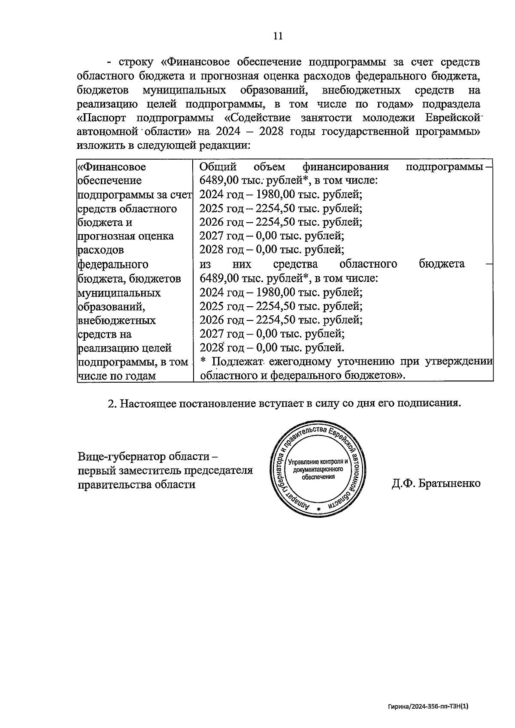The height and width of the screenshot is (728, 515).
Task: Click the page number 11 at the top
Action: (x=278, y=36)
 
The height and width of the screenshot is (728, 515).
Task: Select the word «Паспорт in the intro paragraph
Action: (x=105, y=118)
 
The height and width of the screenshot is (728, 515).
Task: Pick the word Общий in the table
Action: (x=218, y=166)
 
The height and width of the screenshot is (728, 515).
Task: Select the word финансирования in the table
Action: (x=345, y=166)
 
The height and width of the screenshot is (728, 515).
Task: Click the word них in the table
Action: (x=241, y=264)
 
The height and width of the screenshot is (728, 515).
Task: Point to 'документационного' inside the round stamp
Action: (x=318, y=470)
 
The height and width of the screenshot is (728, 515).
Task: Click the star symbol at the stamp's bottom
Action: (x=318, y=509)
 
